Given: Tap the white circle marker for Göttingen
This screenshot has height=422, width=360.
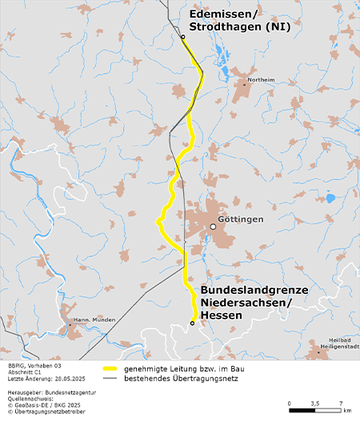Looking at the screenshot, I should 213,227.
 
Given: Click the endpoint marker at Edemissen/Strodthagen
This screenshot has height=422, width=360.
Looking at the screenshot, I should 182,37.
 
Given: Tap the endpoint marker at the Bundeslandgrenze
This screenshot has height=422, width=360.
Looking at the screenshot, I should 192,323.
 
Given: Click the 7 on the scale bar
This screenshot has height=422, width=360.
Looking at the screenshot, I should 341,404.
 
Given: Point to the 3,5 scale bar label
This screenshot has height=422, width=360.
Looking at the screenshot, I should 315,404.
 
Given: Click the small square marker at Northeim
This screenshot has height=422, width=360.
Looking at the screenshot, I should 245,82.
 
